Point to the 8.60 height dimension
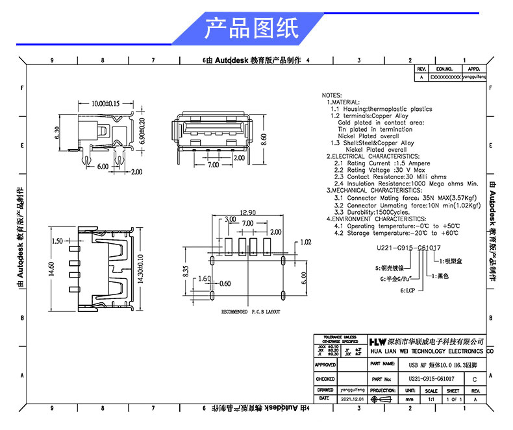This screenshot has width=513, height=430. click(263, 139)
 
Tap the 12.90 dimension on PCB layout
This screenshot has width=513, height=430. click(247, 213)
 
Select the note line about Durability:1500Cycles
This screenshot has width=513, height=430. click(371, 212)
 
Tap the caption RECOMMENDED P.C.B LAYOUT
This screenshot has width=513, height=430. click(251, 312)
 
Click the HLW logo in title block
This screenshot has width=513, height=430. click(377, 341)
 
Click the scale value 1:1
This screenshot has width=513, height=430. click(431, 400)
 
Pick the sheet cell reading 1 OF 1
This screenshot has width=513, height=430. click(453, 400)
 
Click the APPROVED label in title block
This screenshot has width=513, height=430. click(325, 365)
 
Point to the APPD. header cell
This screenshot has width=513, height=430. click(473, 68)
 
